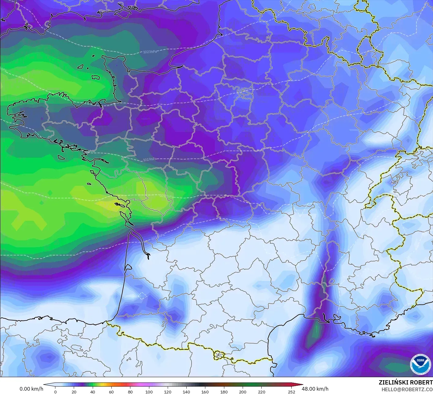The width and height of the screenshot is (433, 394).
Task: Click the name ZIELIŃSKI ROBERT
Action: [x=405, y=382]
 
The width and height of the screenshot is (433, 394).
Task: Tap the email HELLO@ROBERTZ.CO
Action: [x=407, y=389]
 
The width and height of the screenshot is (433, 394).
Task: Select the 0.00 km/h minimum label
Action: [x=31, y=389]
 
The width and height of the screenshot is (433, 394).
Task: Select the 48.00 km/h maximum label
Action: [x=315, y=389]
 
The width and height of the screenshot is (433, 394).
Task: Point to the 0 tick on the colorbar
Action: [x=55, y=392]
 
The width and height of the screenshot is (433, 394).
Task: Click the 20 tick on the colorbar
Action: [x=74, y=392]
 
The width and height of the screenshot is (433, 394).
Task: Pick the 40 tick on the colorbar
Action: [x=92, y=392]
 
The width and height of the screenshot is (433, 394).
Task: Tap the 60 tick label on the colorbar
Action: [x=111, y=392]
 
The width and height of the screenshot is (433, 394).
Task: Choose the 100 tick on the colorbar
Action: [x=149, y=392]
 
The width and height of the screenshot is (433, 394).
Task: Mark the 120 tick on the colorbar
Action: [x=167, y=392]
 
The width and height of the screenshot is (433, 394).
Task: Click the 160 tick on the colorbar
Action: [x=205, y=392]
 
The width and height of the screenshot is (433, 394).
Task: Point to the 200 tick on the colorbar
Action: [x=242, y=392]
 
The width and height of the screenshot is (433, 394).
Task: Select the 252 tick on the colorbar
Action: [x=291, y=392]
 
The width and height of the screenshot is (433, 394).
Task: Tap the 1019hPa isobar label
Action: [x=149, y=159]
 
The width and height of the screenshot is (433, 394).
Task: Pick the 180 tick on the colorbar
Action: [x=224, y=392]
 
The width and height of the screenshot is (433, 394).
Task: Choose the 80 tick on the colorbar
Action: [x=130, y=392]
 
